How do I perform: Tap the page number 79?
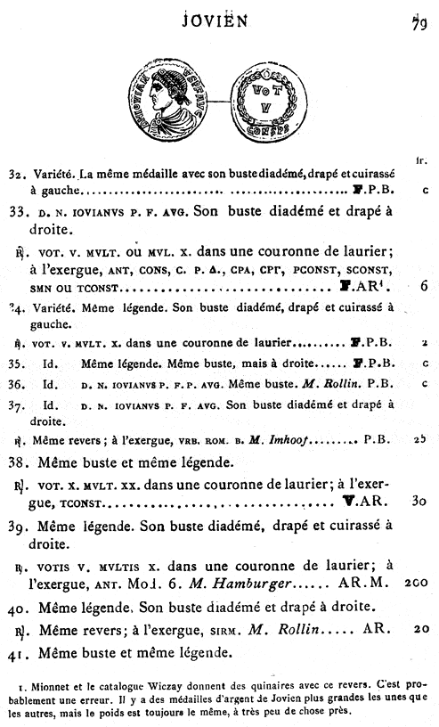click(x=418, y=19)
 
